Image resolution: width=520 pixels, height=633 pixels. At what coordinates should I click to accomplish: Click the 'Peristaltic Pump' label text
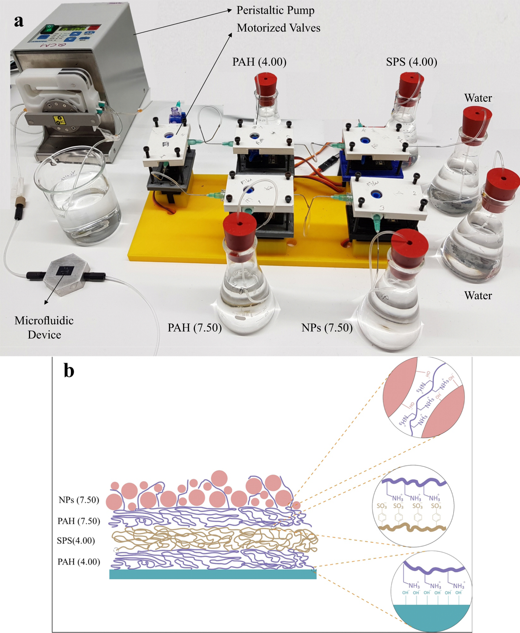(x=275, y=10)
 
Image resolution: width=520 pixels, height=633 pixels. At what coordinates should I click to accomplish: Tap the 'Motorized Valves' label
(x=278, y=28)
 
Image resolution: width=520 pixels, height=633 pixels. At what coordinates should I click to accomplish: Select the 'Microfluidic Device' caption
(x=44, y=327)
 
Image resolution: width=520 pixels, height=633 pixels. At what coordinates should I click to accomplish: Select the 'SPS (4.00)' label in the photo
(x=411, y=62)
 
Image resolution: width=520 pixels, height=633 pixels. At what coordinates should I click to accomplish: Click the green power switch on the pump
(x=49, y=28)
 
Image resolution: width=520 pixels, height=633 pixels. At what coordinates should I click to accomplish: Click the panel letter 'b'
(x=69, y=371)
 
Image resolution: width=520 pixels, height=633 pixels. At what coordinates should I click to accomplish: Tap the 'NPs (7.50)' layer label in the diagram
(x=79, y=500)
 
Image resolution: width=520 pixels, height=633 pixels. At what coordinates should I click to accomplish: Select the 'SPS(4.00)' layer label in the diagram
(x=76, y=540)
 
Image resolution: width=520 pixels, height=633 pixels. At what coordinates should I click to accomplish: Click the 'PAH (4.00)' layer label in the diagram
(x=79, y=561)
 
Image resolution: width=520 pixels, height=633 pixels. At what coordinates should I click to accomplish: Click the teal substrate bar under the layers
(x=213, y=574)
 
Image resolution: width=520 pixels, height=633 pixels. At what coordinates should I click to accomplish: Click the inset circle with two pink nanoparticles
(x=423, y=398)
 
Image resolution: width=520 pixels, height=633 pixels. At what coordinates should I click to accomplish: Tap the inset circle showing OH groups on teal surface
(x=432, y=591)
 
